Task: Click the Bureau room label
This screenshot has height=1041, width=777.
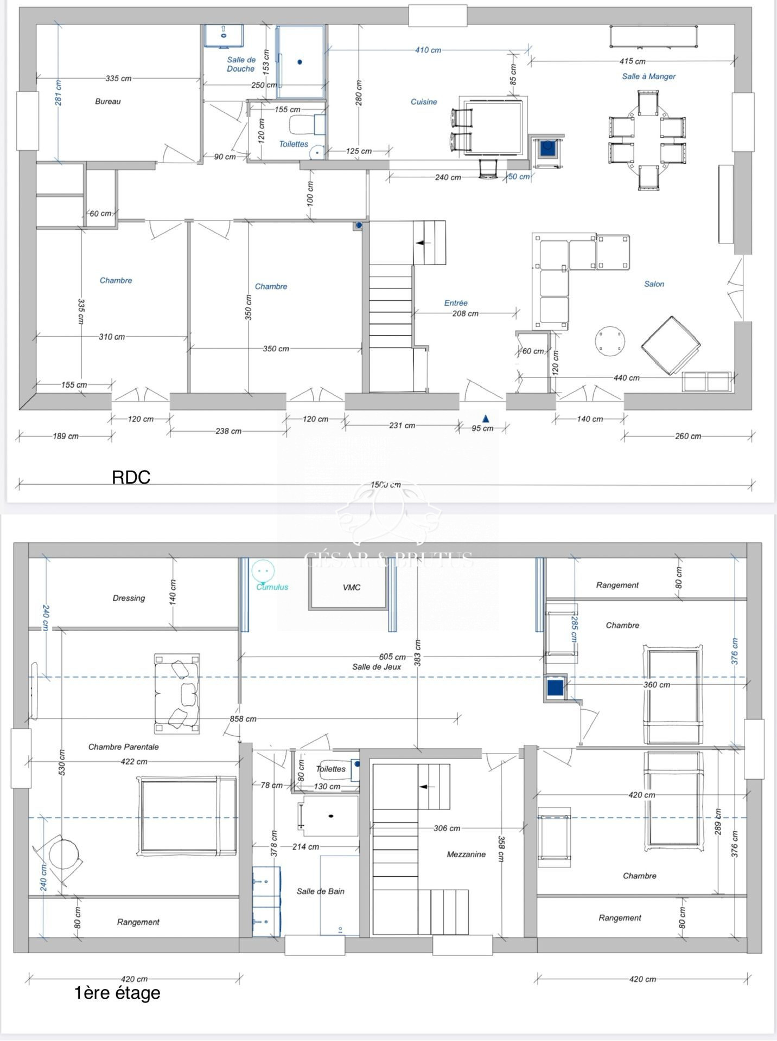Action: click(x=107, y=101)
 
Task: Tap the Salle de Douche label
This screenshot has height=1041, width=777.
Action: click(x=241, y=65)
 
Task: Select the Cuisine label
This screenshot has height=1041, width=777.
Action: click(x=423, y=101)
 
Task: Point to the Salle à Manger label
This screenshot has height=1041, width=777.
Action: click(x=648, y=76)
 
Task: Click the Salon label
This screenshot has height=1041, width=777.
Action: click(x=654, y=284)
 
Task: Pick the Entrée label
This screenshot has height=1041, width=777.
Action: click(x=456, y=303)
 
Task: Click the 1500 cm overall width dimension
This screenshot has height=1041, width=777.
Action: click(x=386, y=485)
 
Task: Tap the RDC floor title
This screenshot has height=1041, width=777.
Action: click(x=131, y=477)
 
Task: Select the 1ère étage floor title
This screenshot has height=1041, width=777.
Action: click(x=117, y=993)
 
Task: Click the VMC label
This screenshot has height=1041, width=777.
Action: click(x=352, y=587)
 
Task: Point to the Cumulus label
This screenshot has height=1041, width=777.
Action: click(x=272, y=587)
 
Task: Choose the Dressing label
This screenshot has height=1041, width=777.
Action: click(x=129, y=598)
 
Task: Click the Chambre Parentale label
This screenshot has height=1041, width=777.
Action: click(x=124, y=747)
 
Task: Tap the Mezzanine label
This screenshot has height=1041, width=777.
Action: click(x=466, y=854)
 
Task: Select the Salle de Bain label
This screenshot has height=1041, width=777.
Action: click(x=320, y=891)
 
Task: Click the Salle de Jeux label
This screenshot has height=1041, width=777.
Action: click(x=377, y=666)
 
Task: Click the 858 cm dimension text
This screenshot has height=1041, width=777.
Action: click(x=243, y=718)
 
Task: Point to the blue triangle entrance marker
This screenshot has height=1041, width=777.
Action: click(x=486, y=418)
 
